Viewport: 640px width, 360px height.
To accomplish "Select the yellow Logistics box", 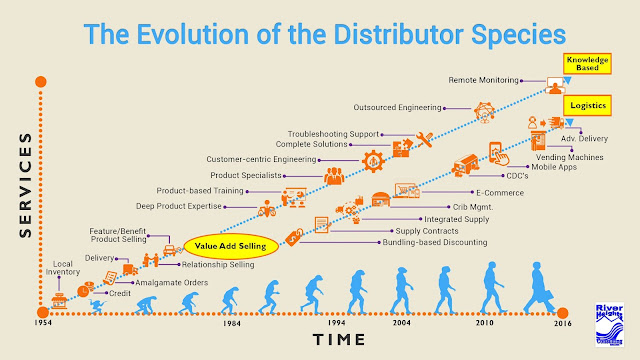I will tap(589, 105).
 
